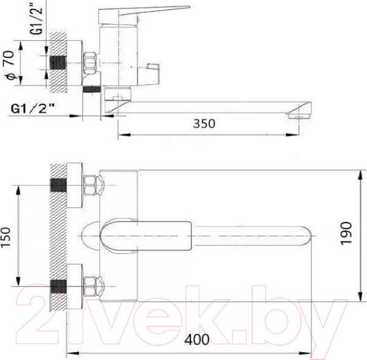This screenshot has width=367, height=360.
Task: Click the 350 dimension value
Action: [x=204, y=123]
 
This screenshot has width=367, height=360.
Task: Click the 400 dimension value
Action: [x=197, y=339]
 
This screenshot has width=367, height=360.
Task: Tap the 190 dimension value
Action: [x=346, y=233]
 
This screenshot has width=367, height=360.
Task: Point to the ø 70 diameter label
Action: [x=9, y=65]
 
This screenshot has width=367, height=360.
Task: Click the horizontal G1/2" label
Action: [x=32, y=109]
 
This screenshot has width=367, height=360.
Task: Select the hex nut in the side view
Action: [x=90, y=62]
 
